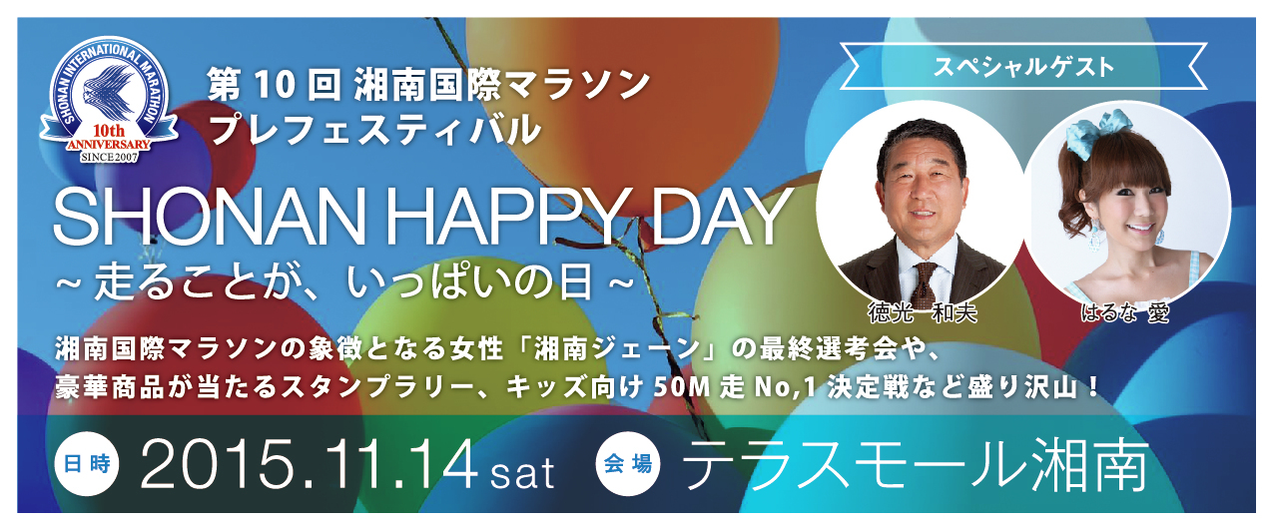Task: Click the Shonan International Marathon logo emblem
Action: pyautogui.click(x=109, y=101)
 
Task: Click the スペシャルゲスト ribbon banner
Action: pyautogui.click(x=1023, y=67)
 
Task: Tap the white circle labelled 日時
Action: pyautogui.click(x=87, y=464)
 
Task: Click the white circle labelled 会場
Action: pyautogui.click(x=628, y=464)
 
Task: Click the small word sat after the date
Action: pyautogui.click(x=522, y=473)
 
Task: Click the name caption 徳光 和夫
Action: pyautogui.click(x=922, y=312)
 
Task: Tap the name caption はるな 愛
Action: pyautogui.click(x=1125, y=312)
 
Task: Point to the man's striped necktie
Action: pyautogui.click(x=925, y=282)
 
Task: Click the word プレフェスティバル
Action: pyautogui.click(x=374, y=129)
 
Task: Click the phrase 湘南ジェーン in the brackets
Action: pyautogui.click(x=619, y=349)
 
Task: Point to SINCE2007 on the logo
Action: pyautogui.click(x=109, y=157)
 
